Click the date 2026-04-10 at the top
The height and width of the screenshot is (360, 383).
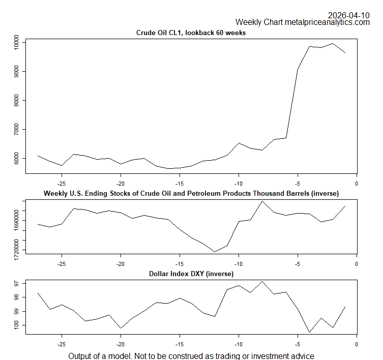pos(348,15)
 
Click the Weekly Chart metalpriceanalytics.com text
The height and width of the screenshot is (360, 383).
pos(302,22)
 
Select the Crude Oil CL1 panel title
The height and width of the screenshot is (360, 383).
pos(191,33)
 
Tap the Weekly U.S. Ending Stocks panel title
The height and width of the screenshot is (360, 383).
pos(191,193)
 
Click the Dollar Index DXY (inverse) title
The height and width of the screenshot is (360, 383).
pos(191,274)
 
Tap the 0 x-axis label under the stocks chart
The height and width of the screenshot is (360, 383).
pos(356,263)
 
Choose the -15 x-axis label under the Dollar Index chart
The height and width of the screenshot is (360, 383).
pos(180,343)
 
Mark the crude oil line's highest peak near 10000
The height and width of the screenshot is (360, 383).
pos(333,43)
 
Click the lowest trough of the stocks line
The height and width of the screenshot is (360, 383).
pos(215,252)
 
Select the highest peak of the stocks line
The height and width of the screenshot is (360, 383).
pos(262,201)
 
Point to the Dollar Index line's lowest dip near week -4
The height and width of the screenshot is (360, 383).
pos(310,332)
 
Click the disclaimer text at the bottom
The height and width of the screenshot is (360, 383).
pos(191,355)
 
